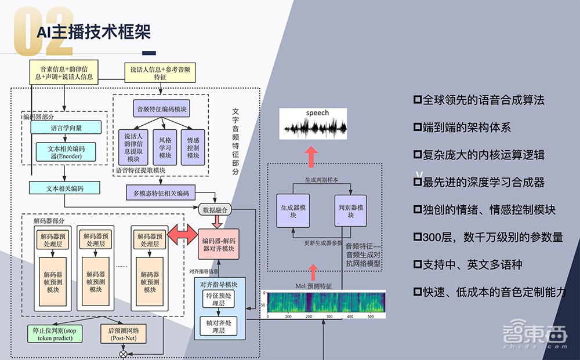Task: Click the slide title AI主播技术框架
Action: click(94, 32)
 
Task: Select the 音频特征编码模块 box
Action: click(161, 109)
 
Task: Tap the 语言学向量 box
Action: click(65, 127)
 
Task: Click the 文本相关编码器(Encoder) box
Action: click(65, 152)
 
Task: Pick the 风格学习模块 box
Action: click(165, 147)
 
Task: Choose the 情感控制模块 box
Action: click(193, 147)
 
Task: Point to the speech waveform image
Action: click(313, 123)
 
